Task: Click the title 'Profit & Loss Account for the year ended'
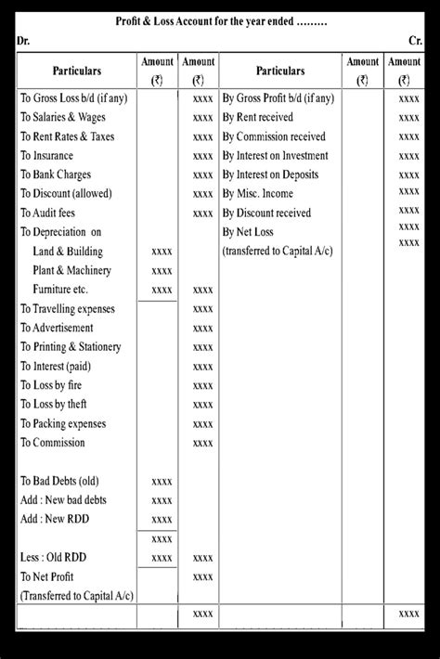(x=221, y=21)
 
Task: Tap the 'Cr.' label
(x=415, y=42)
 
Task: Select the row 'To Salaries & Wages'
(x=63, y=117)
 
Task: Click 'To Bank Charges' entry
(x=57, y=174)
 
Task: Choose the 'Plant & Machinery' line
(x=71, y=270)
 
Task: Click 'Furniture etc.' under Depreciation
(x=66, y=290)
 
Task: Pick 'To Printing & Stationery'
(x=71, y=347)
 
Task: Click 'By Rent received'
(x=258, y=117)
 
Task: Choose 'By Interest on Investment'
(x=275, y=156)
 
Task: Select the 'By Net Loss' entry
(x=253, y=232)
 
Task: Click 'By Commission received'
(x=274, y=136)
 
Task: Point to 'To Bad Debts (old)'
(x=59, y=481)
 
